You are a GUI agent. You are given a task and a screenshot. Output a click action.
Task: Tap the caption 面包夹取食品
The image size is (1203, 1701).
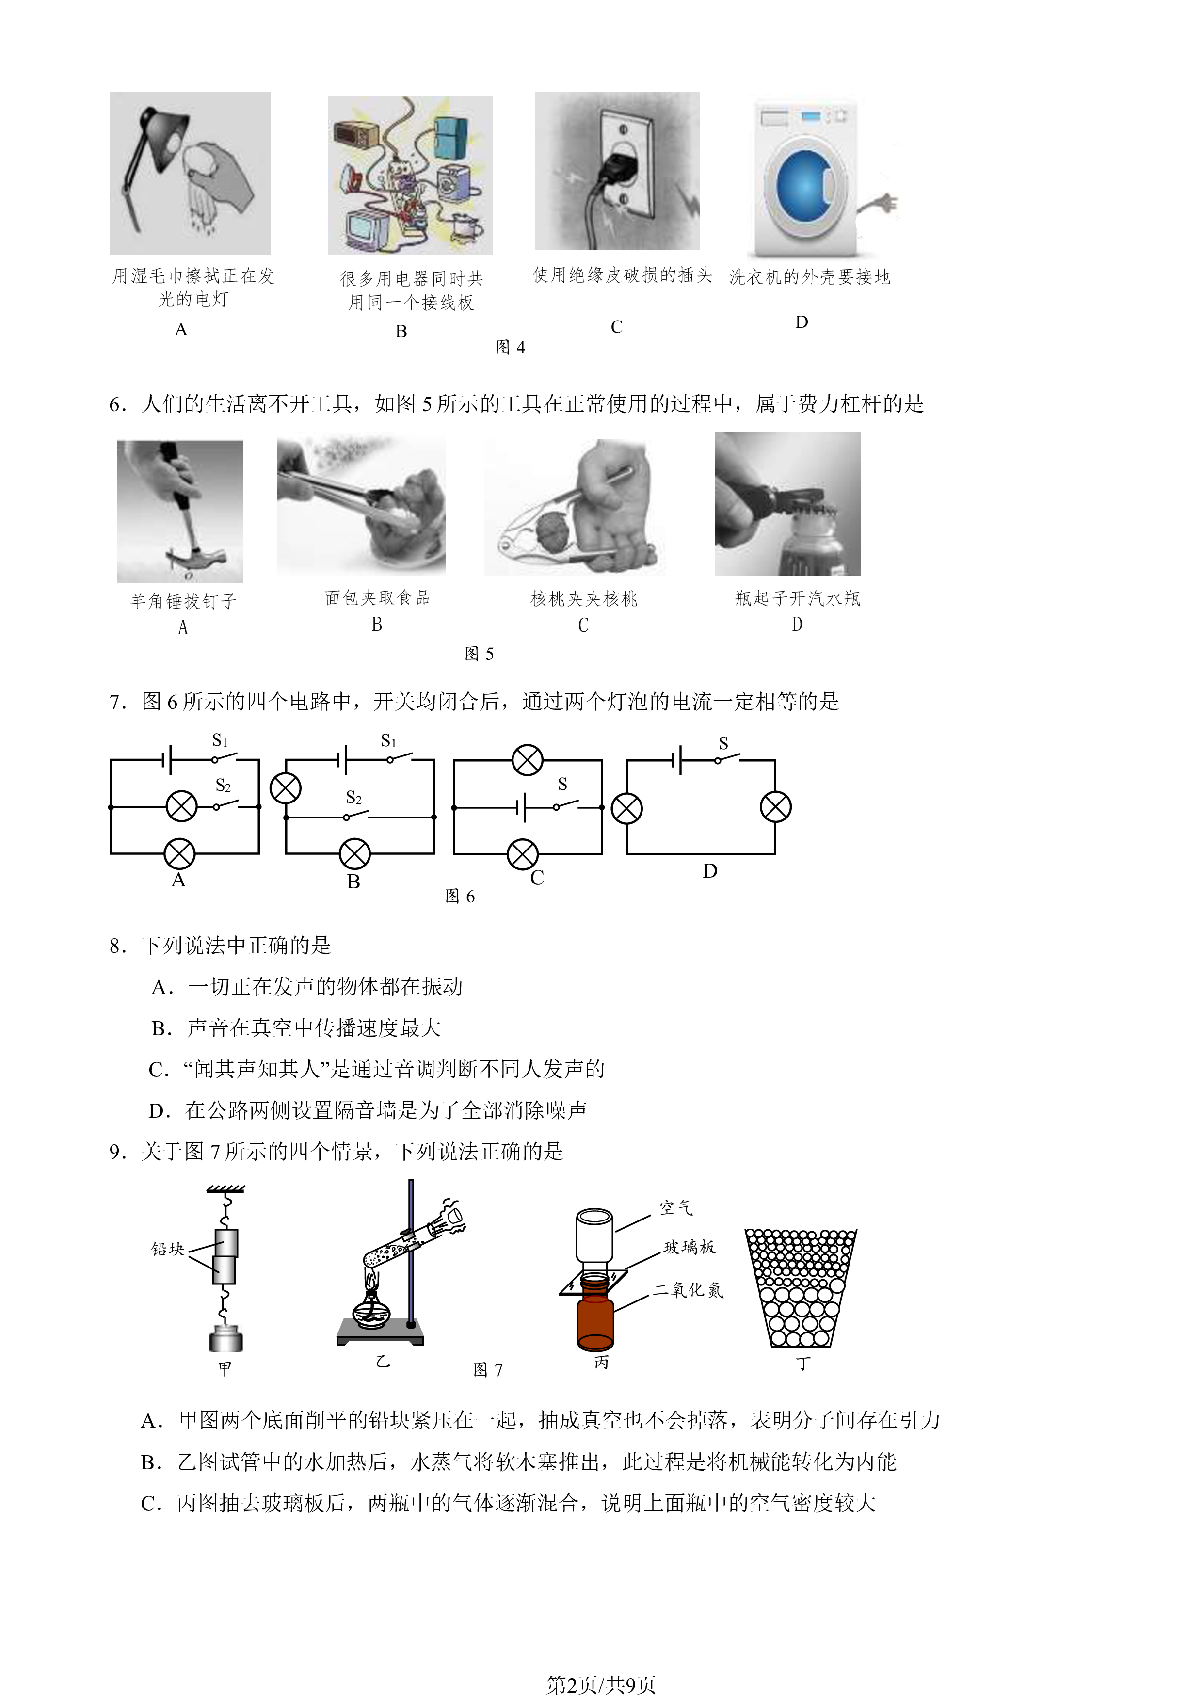[377, 598]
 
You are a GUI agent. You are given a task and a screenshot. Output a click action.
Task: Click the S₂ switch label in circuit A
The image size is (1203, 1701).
[223, 786]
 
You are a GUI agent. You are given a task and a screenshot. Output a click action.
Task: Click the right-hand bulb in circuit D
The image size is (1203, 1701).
[776, 807]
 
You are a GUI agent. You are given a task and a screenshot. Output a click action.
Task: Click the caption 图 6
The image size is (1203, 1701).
[460, 897]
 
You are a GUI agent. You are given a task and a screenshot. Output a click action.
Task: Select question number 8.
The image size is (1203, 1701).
[117, 946]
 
